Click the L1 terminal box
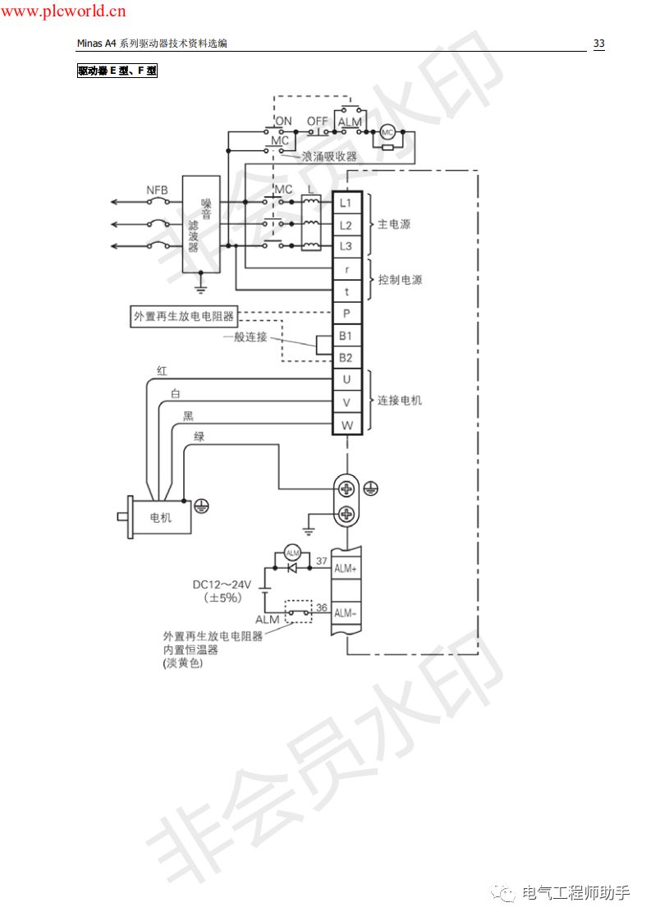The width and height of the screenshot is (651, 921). pyautogui.click(x=346, y=203)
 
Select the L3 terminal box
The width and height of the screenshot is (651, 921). pyautogui.click(x=346, y=246)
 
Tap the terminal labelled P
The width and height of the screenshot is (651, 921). pyautogui.click(x=346, y=314)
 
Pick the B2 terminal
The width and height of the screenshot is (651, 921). pyautogui.click(x=346, y=358)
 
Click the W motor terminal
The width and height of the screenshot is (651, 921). pyautogui.click(x=346, y=424)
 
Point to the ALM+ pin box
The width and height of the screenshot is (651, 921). pyautogui.click(x=346, y=568)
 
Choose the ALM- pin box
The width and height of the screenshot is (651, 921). pyautogui.click(x=346, y=613)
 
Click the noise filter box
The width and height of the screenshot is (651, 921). pyautogui.click(x=201, y=223)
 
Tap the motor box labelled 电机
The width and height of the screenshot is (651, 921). pyautogui.click(x=160, y=518)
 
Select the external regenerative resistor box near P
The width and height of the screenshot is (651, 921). pyautogui.click(x=183, y=316)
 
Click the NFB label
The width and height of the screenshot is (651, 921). pyautogui.click(x=158, y=190)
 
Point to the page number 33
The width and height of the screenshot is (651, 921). pyautogui.click(x=598, y=44)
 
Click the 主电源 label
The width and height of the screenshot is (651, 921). pyautogui.click(x=394, y=224)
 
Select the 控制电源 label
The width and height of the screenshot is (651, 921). pyautogui.click(x=401, y=280)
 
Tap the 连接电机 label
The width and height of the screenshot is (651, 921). pyautogui.click(x=400, y=401)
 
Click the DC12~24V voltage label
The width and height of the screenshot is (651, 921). pyautogui.click(x=222, y=584)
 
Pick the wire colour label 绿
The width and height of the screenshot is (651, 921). pyautogui.click(x=199, y=437)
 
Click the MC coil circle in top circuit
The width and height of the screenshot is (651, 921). pyautogui.click(x=387, y=132)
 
